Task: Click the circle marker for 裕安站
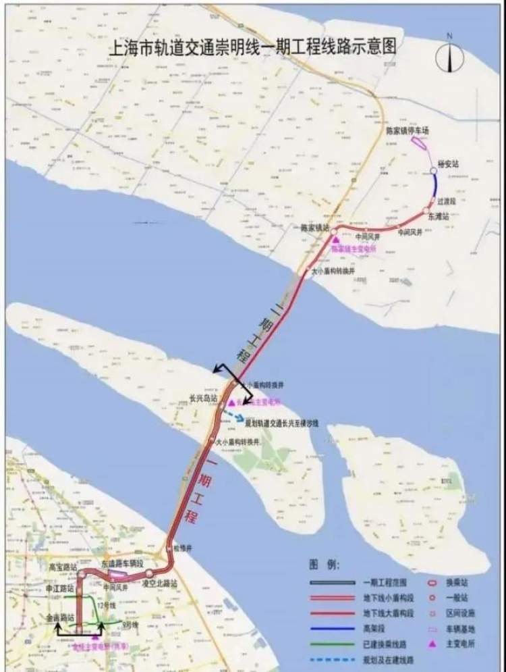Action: pyautogui.click(x=432, y=171)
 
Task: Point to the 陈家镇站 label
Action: pyautogui.click(x=314, y=228)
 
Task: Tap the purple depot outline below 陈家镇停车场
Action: pyautogui.click(x=418, y=142)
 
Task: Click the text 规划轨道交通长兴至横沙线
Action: pyautogui.click(x=280, y=423)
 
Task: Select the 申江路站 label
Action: pyautogui.click(x=59, y=589)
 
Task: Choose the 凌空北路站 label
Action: pyautogui.click(x=160, y=582)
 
